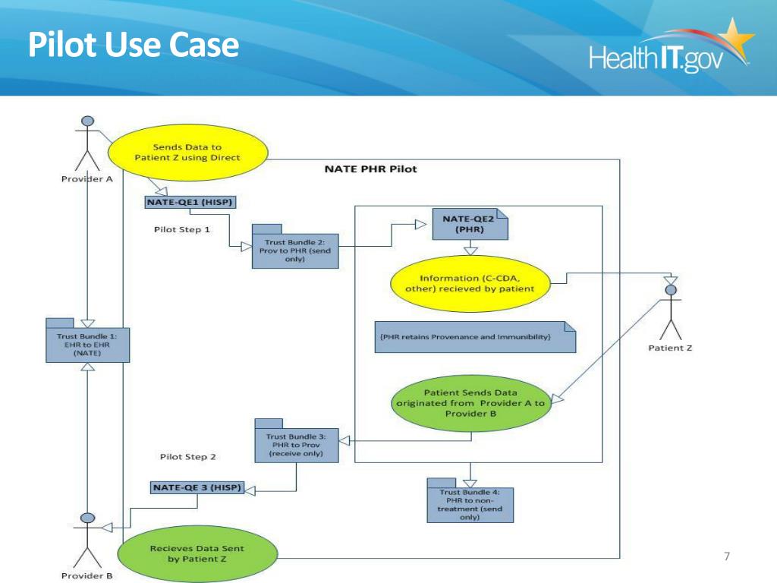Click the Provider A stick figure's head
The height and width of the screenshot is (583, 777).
pos(88,121)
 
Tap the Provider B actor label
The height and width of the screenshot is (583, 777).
pos(87,575)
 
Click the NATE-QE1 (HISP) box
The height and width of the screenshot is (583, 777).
pos(190,202)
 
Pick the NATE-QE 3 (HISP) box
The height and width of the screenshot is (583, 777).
pos(197,488)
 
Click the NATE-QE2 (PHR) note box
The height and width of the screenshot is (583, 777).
pos(470,224)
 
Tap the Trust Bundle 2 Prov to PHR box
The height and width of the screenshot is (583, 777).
pos(295,247)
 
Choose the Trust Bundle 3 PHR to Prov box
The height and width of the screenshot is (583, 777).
pos(297,441)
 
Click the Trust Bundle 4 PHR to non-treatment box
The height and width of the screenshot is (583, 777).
pos(470,501)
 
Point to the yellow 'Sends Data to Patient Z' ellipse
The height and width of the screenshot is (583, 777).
pos(188,153)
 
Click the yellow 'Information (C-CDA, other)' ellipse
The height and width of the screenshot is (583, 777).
pos(470,284)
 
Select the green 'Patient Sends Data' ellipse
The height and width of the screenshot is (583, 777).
pos(470,403)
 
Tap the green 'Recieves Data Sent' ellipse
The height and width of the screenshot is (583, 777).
pos(197,553)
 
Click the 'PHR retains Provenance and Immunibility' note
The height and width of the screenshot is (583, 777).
pos(475,337)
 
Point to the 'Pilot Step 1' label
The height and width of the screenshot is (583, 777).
pos(182,229)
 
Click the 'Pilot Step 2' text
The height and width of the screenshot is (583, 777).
pos(188,456)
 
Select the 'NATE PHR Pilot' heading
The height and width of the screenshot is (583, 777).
pos(370,169)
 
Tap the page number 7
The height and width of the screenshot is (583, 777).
pos(727,556)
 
